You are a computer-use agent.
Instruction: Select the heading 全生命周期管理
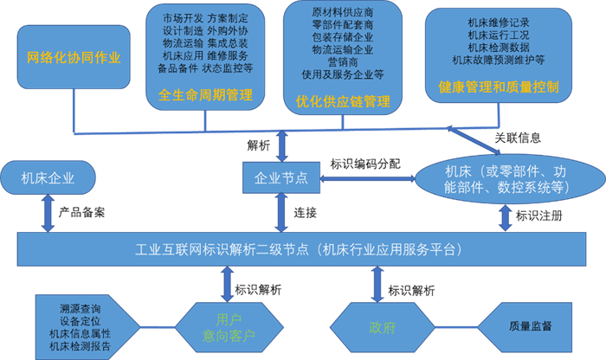coord(206,95)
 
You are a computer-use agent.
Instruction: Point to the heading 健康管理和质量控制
coord(500,87)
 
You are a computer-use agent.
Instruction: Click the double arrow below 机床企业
coord(48,212)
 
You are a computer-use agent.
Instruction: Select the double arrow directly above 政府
coord(378,285)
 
